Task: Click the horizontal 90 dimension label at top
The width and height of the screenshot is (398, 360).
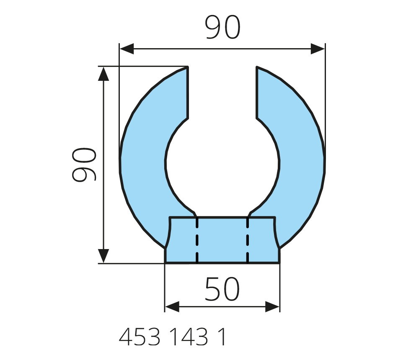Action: pos(222,27)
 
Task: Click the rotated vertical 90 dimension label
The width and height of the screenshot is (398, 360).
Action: pos(84,165)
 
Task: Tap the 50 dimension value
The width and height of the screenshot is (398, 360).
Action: pos(222,289)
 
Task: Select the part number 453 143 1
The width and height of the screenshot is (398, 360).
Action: pos(172,337)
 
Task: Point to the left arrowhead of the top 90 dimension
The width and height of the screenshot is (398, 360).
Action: pos(127,49)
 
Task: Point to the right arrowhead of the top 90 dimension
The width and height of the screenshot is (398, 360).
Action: pos(318,49)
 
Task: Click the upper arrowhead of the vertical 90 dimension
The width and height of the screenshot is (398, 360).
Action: pos(103,74)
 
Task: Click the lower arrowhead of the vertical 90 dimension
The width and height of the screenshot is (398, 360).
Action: pos(103,256)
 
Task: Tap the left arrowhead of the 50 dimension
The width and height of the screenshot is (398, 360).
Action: pos(172,307)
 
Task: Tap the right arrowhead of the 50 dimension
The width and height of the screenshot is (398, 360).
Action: pos(272,307)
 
